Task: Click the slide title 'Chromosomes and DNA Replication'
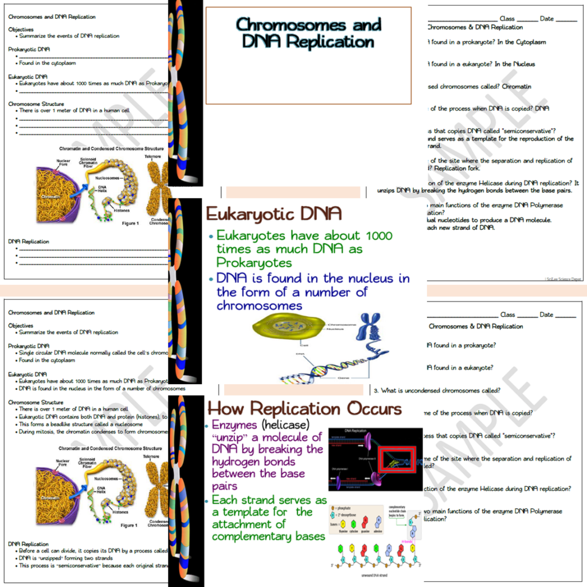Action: point(308,33)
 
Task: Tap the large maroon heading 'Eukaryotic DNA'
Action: point(274,214)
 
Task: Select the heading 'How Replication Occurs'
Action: point(304,409)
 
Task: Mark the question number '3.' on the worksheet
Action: point(377,391)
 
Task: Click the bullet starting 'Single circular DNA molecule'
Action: point(92,353)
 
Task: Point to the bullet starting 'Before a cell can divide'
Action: point(92,551)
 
